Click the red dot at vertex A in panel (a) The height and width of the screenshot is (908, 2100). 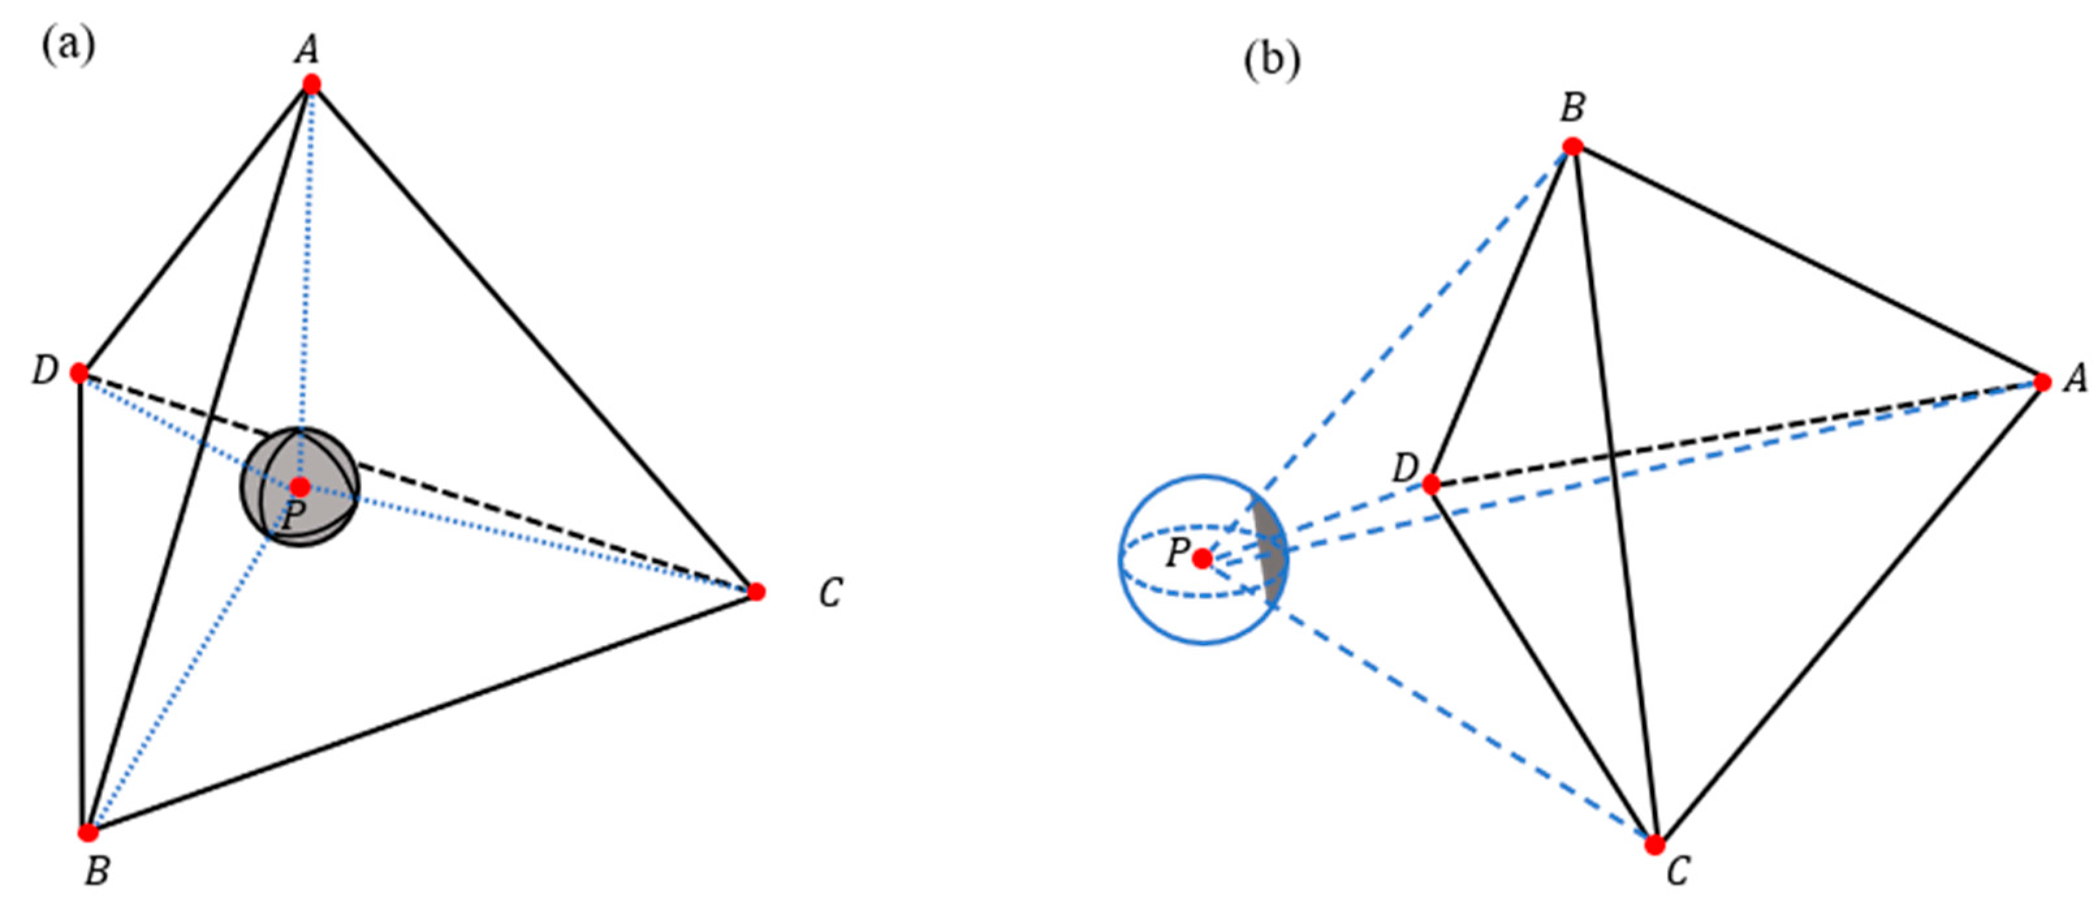tap(310, 84)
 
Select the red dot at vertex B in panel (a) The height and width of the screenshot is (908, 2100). tap(88, 832)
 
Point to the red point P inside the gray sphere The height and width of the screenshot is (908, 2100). tap(300, 488)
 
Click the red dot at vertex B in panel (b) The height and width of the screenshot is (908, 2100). tap(1572, 146)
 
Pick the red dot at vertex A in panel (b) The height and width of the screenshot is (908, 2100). tap(2042, 382)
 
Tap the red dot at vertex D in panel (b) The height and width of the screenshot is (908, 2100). tap(1431, 485)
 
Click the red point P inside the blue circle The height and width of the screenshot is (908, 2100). tap(1202, 559)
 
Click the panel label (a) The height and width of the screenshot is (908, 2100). tap(68, 46)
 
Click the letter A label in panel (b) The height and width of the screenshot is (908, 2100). tap(2075, 378)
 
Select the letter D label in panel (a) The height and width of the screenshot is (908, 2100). tap(45, 372)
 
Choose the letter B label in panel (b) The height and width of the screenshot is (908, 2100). tap(1572, 107)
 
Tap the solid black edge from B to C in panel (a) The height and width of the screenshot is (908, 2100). tap(424, 711)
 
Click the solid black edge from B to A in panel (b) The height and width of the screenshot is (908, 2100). tap(1806, 263)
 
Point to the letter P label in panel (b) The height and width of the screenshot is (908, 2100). tap(1177, 553)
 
